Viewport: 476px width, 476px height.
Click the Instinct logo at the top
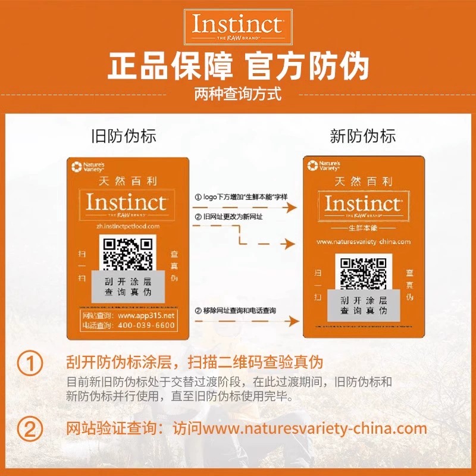(x=237, y=26)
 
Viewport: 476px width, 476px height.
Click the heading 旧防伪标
(x=124, y=136)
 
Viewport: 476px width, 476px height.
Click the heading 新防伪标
(x=363, y=136)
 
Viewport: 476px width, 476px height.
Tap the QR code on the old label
(x=129, y=252)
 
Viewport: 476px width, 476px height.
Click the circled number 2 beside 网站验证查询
(x=30, y=428)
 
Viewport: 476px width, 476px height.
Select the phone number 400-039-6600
(x=147, y=325)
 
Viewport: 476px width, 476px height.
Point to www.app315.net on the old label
(x=146, y=315)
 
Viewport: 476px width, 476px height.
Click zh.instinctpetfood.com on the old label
(x=129, y=227)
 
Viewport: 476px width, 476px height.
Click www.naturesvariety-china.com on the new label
(x=364, y=242)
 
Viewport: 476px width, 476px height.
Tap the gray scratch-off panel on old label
(x=129, y=287)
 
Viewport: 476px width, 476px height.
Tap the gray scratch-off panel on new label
(x=364, y=305)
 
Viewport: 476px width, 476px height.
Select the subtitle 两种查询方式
(x=238, y=94)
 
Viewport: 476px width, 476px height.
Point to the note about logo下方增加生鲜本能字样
(x=242, y=197)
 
